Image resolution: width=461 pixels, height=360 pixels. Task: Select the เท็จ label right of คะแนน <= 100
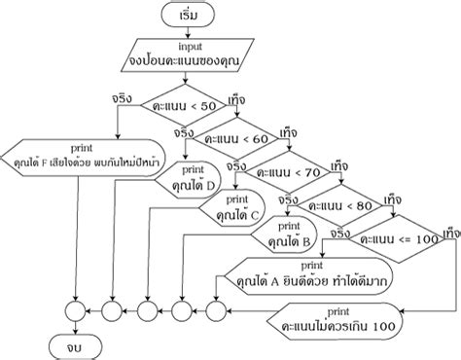tap(449, 233)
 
